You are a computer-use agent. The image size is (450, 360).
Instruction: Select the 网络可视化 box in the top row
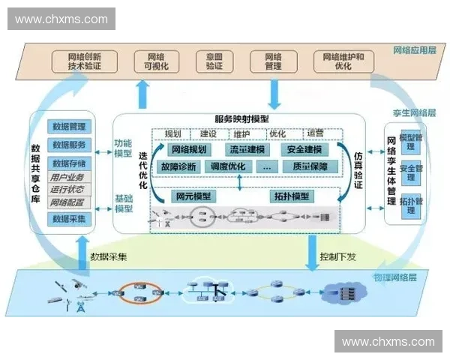(x=157, y=61)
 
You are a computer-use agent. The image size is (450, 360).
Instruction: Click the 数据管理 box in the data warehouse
(x=67, y=126)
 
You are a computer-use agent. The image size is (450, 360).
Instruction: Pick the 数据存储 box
(x=67, y=163)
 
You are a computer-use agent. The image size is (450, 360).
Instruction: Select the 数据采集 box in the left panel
(x=67, y=218)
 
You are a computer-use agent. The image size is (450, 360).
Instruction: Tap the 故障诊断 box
(x=178, y=166)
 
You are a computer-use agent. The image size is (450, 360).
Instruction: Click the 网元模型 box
(x=193, y=196)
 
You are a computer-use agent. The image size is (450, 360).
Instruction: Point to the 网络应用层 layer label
(x=414, y=51)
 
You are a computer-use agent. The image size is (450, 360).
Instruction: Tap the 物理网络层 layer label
(x=393, y=278)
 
